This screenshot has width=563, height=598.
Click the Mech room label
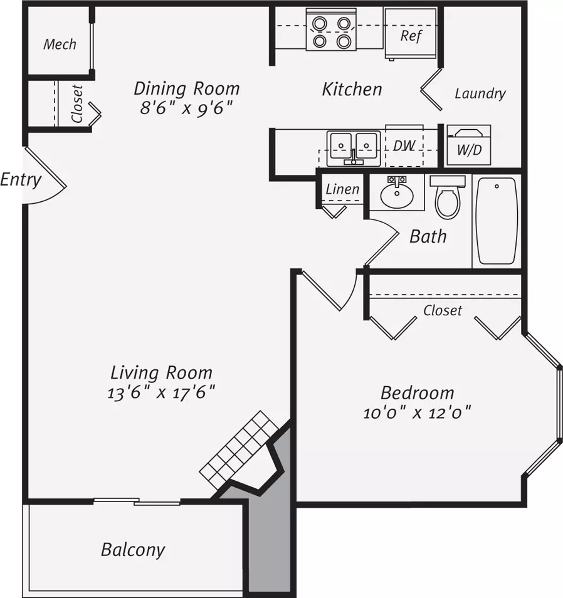coord(60,45)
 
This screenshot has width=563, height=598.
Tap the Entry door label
coord(21,180)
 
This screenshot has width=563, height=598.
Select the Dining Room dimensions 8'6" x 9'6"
coord(186,108)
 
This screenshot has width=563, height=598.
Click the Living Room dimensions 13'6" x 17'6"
coord(161,392)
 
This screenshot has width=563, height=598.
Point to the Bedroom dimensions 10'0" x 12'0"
coord(417,412)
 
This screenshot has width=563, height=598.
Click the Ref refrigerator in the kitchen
coord(411,34)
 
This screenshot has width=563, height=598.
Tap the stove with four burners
coord(331,29)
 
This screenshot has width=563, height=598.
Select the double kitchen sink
coord(354,149)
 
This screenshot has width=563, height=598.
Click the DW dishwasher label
coord(404,145)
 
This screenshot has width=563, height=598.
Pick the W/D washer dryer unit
coord(469,145)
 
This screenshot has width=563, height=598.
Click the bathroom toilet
coord(448,196)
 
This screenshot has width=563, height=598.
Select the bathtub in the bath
coord(497,221)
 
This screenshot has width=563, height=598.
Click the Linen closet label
coord(342,189)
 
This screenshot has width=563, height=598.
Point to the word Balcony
coord(133,550)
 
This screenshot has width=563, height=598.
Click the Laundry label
coord(480,93)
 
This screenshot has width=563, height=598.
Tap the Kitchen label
coord(352,89)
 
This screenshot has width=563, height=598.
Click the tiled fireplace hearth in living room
coord(239,451)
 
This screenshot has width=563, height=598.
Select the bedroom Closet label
coord(443,310)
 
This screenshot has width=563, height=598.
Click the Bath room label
coord(428,236)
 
